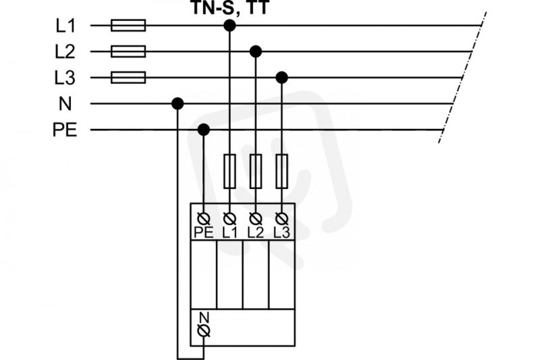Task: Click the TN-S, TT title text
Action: (x=230, y=7)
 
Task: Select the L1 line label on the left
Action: (x=65, y=26)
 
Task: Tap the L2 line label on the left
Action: (x=65, y=52)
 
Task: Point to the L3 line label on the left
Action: (x=65, y=78)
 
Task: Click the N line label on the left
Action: (x=65, y=103)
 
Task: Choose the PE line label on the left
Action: (x=65, y=130)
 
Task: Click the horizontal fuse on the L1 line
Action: (x=128, y=26)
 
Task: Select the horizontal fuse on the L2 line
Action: (x=128, y=51)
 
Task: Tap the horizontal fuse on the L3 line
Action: (x=128, y=78)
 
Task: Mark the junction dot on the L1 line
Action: (x=230, y=26)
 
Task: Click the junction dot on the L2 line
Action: (x=256, y=52)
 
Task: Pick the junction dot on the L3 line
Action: (x=281, y=78)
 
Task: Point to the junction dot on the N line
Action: (x=178, y=103)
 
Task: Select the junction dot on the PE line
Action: (x=204, y=130)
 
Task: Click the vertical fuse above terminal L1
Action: (x=230, y=171)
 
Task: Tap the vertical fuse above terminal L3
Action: (x=281, y=171)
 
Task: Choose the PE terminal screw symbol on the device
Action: (x=204, y=218)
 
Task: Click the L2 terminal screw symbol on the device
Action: (x=256, y=218)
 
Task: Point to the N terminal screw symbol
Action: (x=204, y=331)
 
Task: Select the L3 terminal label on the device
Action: (x=281, y=233)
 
